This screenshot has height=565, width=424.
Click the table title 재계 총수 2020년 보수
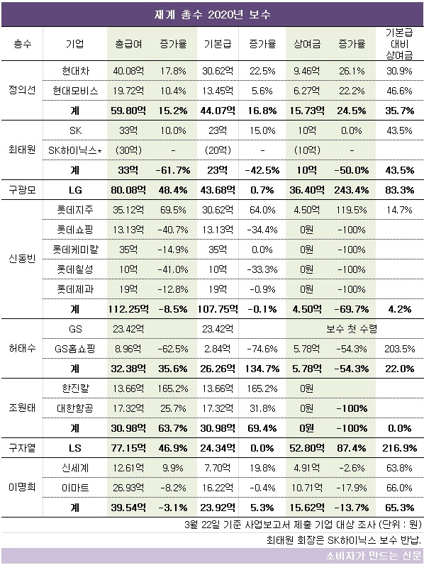(x=212, y=14)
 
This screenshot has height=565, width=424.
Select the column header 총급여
(x=128, y=44)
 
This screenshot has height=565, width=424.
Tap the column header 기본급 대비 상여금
(x=399, y=44)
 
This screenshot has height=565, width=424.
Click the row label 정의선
(x=22, y=90)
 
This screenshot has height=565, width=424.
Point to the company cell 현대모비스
(x=75, y=91)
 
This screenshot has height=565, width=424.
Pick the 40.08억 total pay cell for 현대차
(x=128, y=71)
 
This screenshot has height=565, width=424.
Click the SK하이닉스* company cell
(x=75, y=150)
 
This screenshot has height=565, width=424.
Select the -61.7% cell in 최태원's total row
(x=173, y=169)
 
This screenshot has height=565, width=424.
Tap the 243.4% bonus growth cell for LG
(x=352, y=189)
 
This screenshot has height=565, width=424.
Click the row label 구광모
(x=22, y=189)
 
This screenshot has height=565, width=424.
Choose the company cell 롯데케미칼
(x=75, y=250)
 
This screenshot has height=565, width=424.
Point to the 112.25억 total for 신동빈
(x=128, y=309)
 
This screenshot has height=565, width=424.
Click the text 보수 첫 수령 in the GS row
(x=352, y=329)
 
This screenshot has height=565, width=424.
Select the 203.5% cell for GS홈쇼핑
(x=399, y=349)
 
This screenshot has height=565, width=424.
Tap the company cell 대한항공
(x=75, y=408)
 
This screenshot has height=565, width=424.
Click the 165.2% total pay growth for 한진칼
(x=173, y=388)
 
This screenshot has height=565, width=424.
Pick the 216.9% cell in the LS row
(x=399, y=448)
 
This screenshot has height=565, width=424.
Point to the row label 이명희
(x=22, y=488)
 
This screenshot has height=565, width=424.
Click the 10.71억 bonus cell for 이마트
(x=307, y=488)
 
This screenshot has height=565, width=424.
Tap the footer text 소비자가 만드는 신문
(x=374, y=556)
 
